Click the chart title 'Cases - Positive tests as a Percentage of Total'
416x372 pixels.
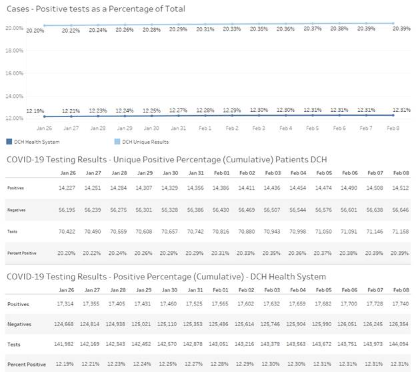tap(95, 9)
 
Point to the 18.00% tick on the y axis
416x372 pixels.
tap(15, 51)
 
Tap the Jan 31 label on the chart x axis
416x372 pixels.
tap(178, 127)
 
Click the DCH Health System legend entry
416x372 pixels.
tap(33, 142)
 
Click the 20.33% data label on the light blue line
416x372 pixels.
tap(232, 29)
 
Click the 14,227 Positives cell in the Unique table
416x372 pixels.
tap(67, 188)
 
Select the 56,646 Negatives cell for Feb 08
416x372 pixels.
tap(400, 210)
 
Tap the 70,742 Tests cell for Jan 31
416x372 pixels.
tap(197, 232)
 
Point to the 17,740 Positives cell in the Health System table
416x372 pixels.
tap(400, 305)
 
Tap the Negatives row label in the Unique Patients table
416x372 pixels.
tap(17, 210)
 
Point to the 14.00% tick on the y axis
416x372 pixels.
tap(15, 96)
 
